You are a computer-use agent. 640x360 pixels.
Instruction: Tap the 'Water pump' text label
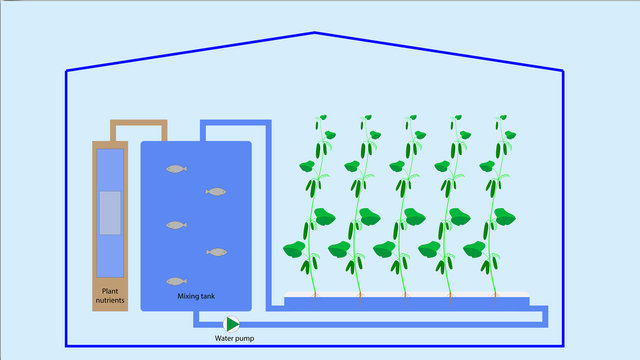click(235, 338)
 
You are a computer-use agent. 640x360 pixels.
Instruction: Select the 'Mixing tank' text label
click(196, 296)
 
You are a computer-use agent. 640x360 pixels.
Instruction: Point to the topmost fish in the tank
click(176, 169)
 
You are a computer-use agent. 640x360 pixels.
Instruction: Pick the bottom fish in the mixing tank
click(176, 281)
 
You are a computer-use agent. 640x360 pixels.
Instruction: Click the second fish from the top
click(215, 191)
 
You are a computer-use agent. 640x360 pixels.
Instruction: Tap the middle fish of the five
click(176, 225)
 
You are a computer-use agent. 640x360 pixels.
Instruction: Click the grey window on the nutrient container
click(110, 213)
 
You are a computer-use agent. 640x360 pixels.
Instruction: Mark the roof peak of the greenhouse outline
click(315, 33)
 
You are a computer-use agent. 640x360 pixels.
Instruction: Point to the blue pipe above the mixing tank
click(236, 125)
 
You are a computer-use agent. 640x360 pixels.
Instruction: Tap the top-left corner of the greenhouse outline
click(67, 71)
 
